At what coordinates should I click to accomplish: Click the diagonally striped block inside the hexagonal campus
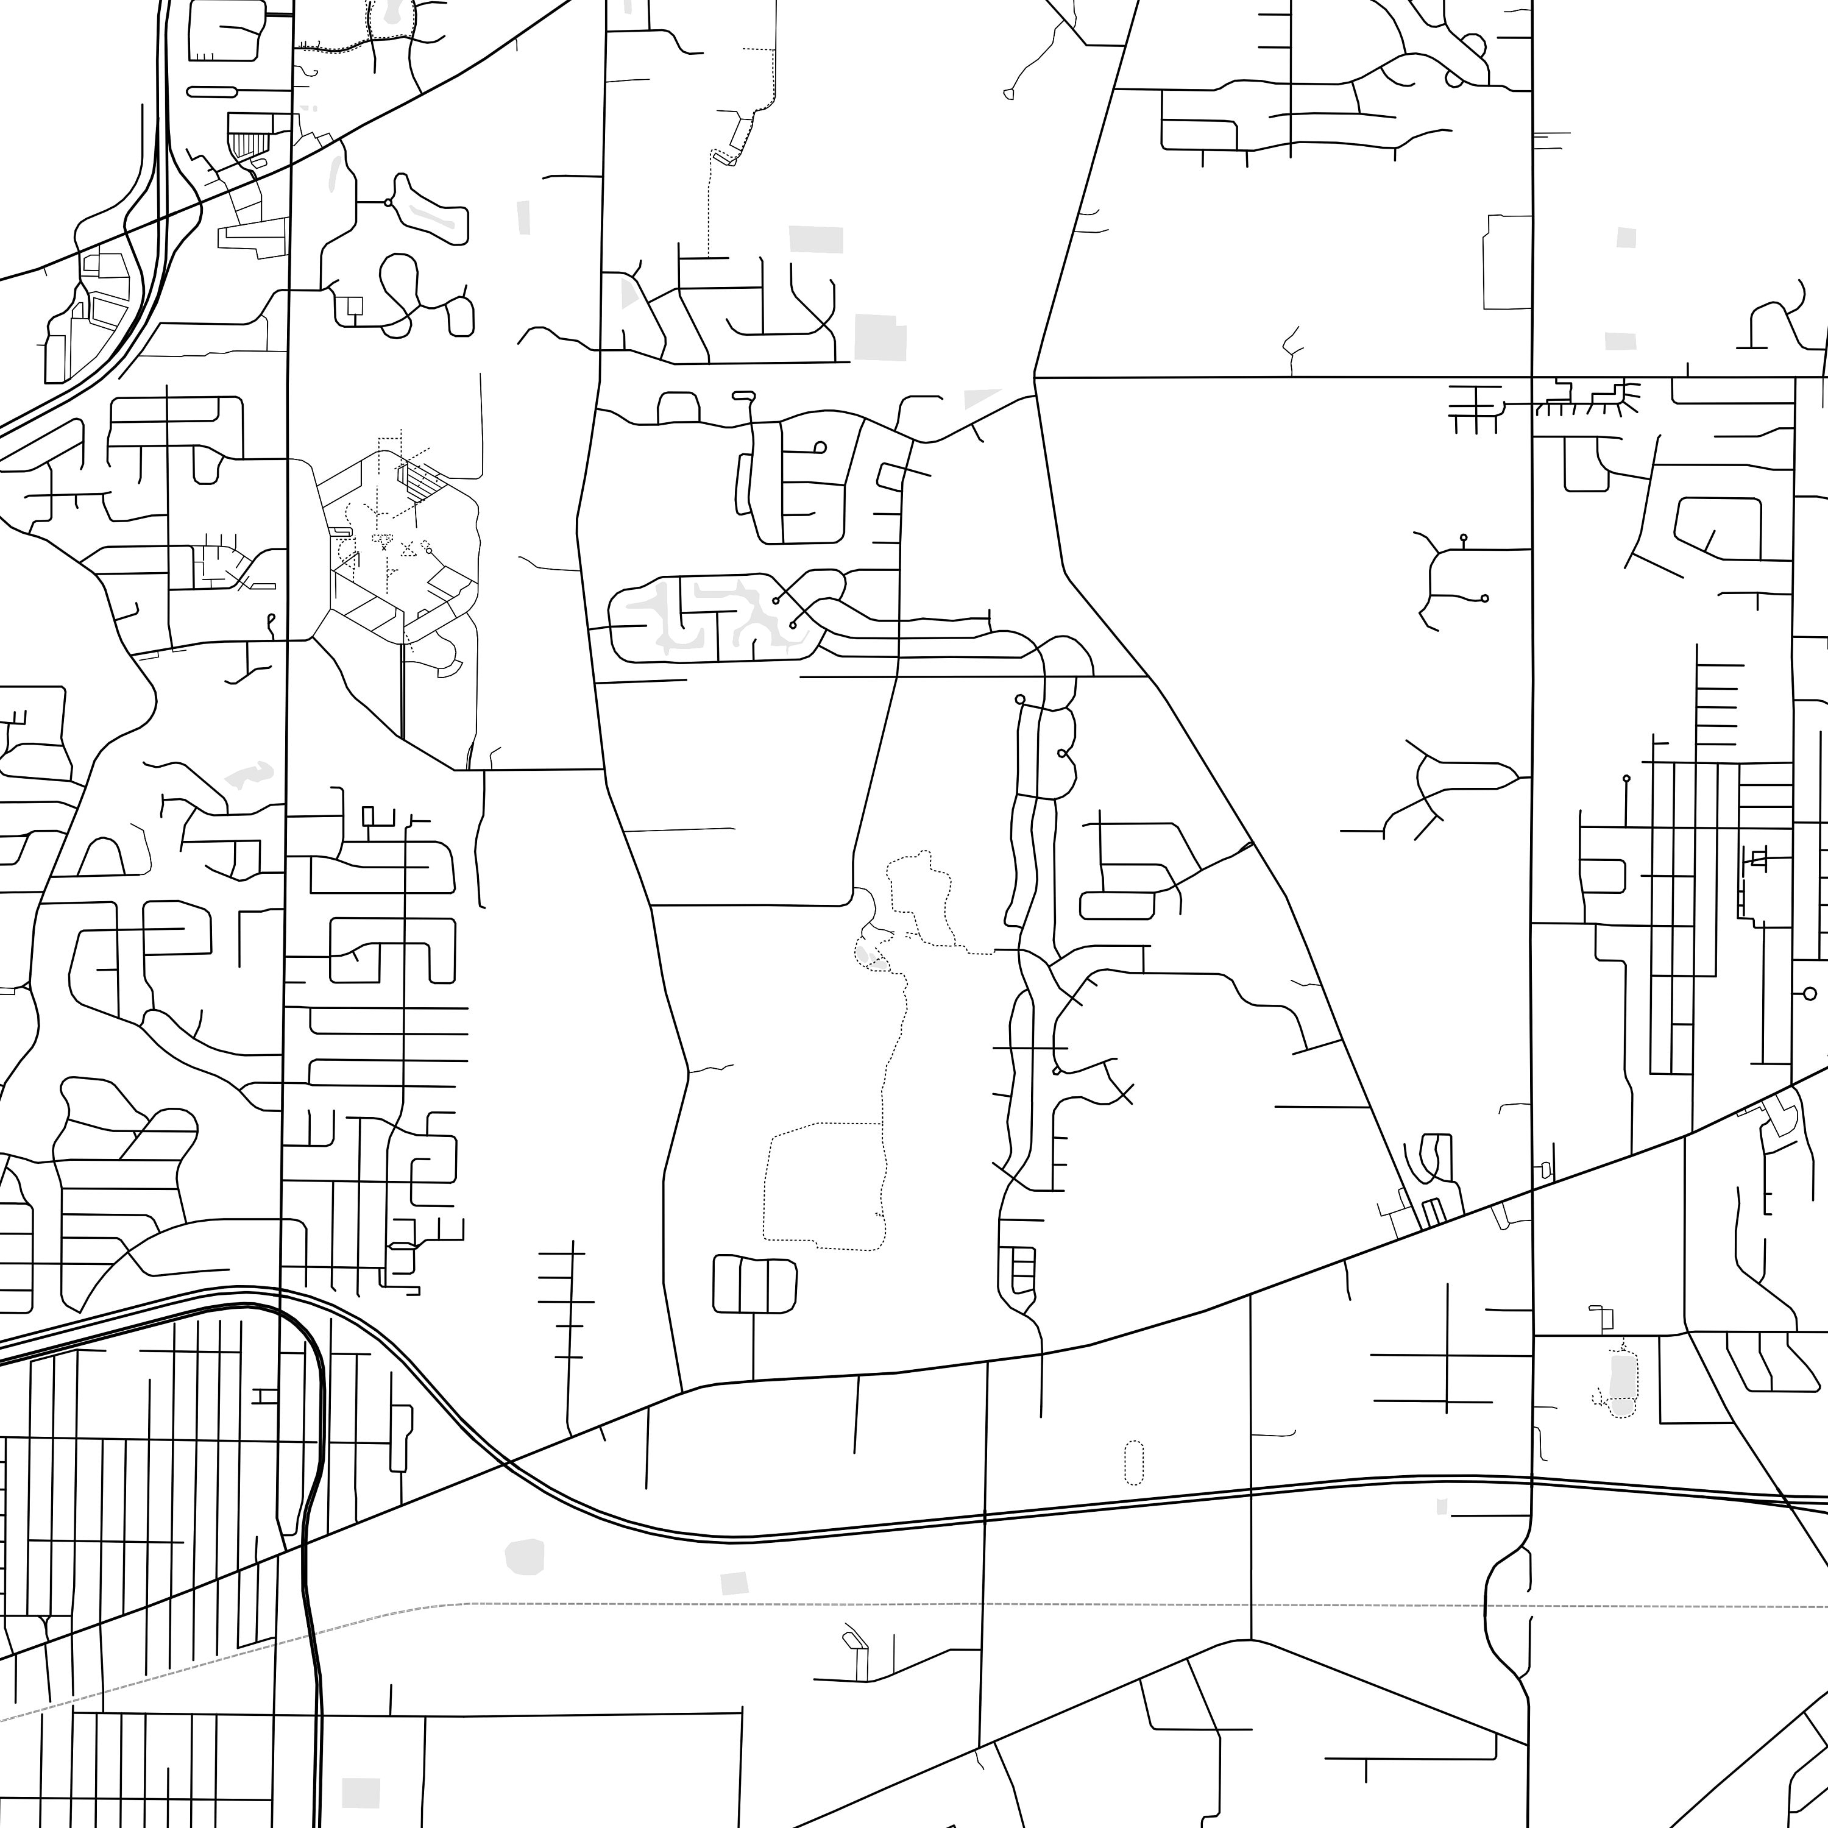423,481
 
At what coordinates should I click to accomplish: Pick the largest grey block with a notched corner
880,338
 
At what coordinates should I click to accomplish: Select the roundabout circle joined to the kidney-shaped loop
388,202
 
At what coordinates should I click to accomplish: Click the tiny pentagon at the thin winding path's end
1008,94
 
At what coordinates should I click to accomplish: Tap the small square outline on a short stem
355,306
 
